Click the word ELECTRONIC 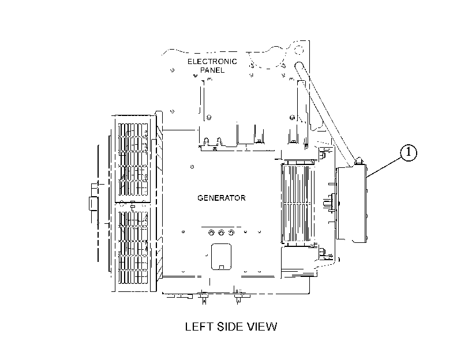212,62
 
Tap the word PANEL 212,70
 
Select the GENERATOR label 222,198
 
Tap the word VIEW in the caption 263,327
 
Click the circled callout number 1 408,153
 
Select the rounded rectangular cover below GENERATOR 221,257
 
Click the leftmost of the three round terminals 211,232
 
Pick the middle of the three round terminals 221,232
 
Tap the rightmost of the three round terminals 231,232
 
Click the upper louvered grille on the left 133,160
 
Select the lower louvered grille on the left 133,247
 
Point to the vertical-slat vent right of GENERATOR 298,204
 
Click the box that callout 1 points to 351,204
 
